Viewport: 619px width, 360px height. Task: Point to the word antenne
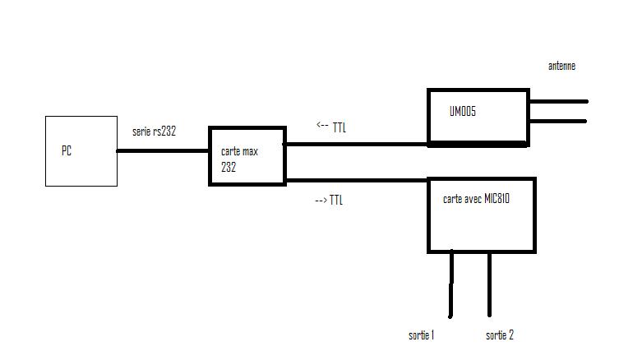coord(561,66)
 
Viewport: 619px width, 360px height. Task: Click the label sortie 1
coord(422,335)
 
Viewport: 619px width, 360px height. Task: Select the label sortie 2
coord(500,335)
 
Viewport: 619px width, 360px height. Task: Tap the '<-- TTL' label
coord(331,127)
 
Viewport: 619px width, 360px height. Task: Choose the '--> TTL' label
coord(329,200)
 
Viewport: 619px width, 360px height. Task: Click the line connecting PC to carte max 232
coord(163,150)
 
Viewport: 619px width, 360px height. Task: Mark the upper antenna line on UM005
coord(558,102)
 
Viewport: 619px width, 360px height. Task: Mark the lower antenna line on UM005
coord(558,122)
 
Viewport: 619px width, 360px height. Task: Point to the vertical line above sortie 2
coord(490,284)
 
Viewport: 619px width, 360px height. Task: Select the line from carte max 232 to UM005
coord(356,144)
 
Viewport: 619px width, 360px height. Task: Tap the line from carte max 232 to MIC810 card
coord(356,181)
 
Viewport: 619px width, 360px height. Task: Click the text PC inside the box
coord(67,151)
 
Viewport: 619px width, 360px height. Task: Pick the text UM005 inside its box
coord(463,112)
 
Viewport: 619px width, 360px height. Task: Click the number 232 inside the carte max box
coord(229,164)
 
